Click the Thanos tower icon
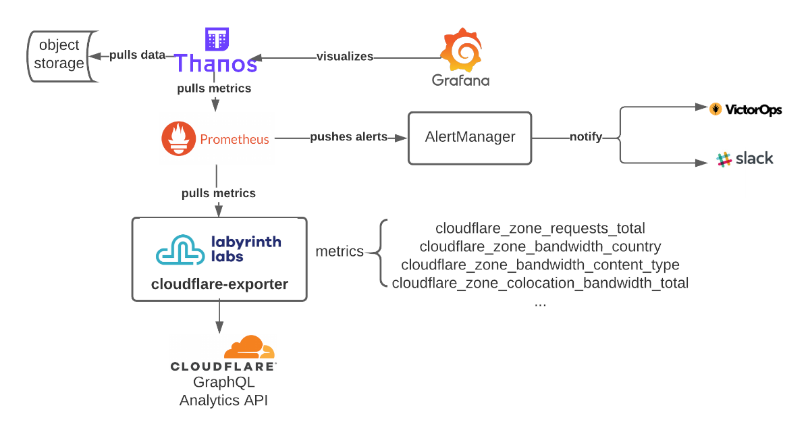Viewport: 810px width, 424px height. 217,39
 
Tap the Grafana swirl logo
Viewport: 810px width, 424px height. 462,50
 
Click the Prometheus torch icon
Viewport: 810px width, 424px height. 177,139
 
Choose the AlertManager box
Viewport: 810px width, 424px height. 470,137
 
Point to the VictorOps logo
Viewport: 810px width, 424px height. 746,109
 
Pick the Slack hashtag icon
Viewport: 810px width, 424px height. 724,160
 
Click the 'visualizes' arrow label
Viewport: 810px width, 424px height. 345,57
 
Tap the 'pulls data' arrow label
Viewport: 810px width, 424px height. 137,55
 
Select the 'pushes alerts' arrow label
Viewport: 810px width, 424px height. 348,137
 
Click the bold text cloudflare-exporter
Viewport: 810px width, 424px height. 219,284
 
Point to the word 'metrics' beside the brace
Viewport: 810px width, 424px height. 340,252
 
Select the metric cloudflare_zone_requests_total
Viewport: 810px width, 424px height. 540,228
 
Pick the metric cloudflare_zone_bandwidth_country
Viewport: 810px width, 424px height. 540,246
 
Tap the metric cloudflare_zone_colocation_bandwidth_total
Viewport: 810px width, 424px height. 540,283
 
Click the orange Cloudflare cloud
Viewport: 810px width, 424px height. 250,347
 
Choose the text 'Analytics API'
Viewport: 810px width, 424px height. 223,400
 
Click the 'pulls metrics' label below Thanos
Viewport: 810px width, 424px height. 214,88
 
